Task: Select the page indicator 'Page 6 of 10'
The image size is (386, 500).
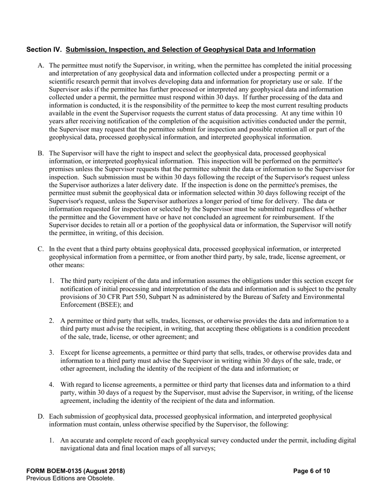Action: tap(311, 471)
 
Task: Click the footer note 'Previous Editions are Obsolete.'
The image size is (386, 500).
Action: tap(70, 478)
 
